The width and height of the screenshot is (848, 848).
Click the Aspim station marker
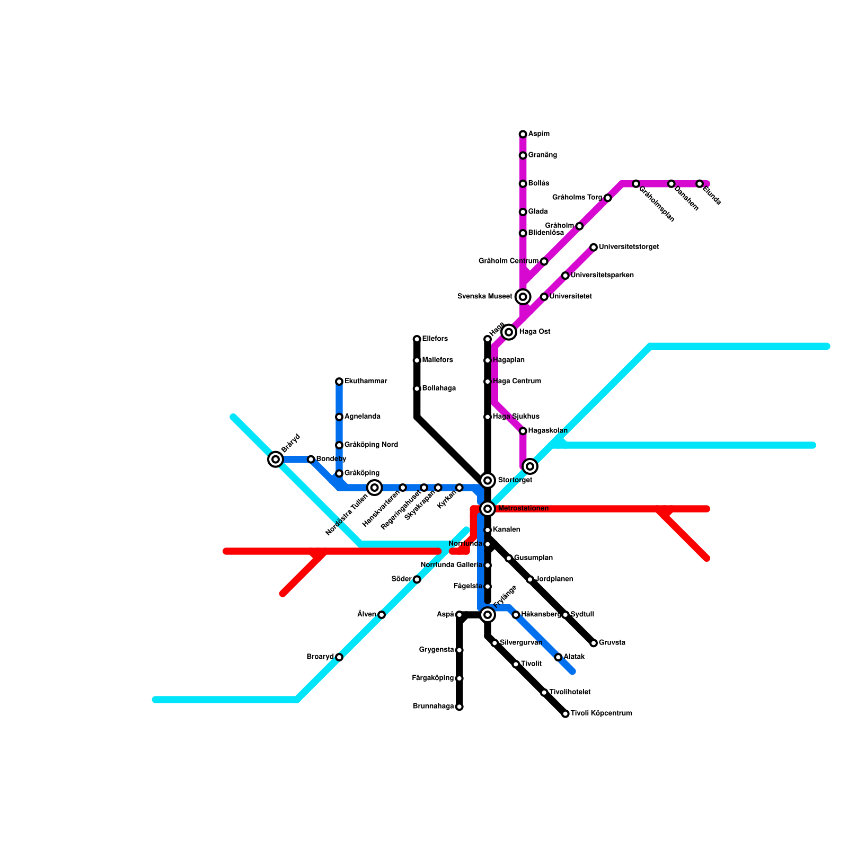(523, 134)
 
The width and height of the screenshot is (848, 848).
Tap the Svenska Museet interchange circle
(523, 297)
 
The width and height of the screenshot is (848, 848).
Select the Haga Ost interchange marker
(509, 332)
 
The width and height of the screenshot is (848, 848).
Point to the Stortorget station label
(515, 480)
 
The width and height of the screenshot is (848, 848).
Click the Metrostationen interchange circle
(488, 509)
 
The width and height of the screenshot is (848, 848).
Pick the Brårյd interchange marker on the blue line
(275, 460)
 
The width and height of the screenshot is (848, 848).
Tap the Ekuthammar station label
(366, 382)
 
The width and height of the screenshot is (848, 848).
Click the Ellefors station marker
(417, 339)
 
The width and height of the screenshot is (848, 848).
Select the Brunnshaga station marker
(459, 707)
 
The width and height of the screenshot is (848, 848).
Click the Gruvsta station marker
(594, 643)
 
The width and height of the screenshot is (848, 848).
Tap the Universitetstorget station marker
(594, 248)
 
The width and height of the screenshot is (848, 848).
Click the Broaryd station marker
(339, 657)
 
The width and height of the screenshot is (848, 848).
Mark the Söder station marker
(417, 580)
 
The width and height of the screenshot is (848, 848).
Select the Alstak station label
(574, 657)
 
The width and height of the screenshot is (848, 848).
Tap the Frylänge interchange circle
(488, 615)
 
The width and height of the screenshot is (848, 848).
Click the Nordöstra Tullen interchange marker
(375, 488)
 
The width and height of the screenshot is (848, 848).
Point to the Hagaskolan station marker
(523, 431)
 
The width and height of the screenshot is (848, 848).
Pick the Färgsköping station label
(432, 678)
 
